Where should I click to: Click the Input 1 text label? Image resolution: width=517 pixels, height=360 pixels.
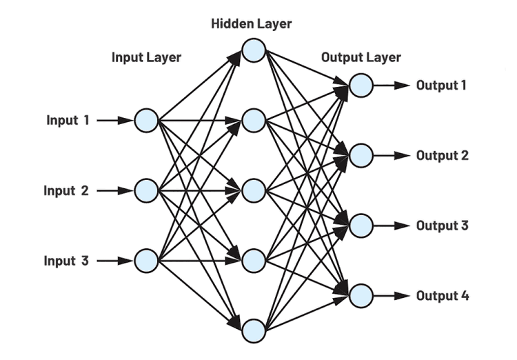(x=68, y=120)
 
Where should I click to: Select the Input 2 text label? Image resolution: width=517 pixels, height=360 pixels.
(x=66, y=190)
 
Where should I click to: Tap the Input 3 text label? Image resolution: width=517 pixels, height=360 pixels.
(x=66, y=261)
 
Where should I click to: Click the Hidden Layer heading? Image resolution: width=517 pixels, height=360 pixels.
(x=251, y=24)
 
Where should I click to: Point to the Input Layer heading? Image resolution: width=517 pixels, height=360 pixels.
(x=146, y=57)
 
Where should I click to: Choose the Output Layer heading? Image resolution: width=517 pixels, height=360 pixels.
(x=361, y=57)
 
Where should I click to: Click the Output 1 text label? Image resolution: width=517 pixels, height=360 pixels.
(x=441, y=86)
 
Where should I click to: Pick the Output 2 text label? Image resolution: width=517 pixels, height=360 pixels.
(x=443, y=155)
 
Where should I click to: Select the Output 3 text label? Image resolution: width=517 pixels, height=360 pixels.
(x=443, y=226)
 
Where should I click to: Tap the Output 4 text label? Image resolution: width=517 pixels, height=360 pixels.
(x=443, y=296)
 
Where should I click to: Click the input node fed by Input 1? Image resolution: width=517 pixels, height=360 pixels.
(x=146, y=120)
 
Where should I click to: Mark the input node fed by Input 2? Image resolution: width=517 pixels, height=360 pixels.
(x=146, y=190)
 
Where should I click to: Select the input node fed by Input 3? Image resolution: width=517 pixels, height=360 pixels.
(x=146, y=261)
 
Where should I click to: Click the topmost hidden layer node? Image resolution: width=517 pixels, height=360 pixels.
(x=254, y=50)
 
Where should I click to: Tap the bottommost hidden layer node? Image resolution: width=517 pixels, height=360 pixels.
(x=254, y=330)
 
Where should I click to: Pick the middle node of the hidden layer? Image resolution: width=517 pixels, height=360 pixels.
(x=254, y=190)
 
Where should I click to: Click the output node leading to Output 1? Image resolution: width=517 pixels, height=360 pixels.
(x=361, y=86)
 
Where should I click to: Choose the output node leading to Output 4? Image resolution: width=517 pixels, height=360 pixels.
(x=361, y=296)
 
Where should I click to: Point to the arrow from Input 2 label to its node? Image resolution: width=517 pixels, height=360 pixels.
(x=114, y=190)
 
